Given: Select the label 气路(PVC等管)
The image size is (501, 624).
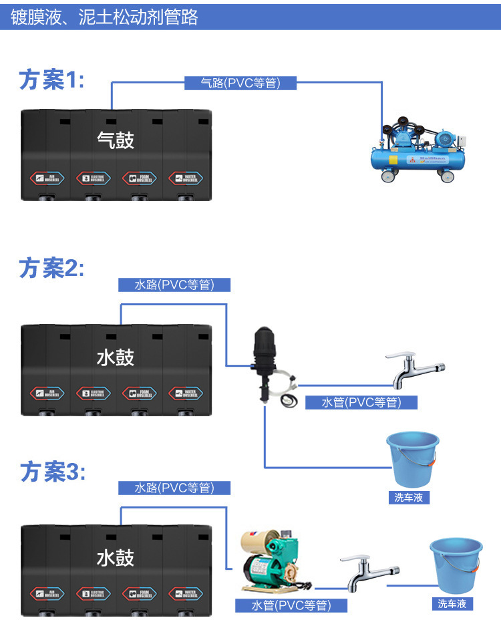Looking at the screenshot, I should pos(240,83).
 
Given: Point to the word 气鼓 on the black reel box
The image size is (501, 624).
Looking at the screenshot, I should pos(116,140).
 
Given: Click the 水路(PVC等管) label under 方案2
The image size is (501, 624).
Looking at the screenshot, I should pos(174,285).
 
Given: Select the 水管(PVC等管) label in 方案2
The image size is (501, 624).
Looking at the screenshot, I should pos(361,402).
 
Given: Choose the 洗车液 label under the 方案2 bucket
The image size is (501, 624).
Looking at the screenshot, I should pos(409,497).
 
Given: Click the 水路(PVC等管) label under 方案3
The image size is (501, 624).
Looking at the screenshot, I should pos(174,488).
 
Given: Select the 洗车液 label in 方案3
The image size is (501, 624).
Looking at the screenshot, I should pos(452,603).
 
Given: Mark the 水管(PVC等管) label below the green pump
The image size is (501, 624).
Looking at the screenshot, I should pos(291,605).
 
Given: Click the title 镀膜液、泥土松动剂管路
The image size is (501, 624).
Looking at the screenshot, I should pos(105,17).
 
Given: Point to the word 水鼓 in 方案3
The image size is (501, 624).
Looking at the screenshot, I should pos(116,557).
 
